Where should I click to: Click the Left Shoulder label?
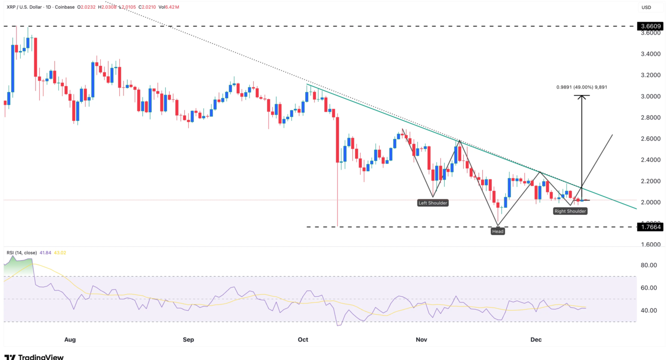(x=432, y=203)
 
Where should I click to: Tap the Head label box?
(x=498, y=231)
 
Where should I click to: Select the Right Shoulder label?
(x=570, y=211)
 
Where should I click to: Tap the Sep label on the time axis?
(x=189, y=339)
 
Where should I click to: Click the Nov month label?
(x=421, y=339)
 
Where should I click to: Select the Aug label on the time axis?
(x=71, y=339)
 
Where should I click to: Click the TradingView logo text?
(x=41, y=356)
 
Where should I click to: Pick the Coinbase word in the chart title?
(x=64, y=7)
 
